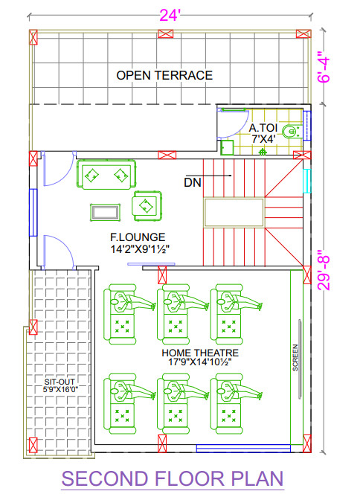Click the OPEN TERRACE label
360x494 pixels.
(164, 76)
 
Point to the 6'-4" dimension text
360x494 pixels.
(324, 70)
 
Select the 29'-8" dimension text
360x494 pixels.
(324, 270)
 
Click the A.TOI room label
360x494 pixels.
(263, 128)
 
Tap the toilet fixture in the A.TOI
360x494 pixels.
(290, 132)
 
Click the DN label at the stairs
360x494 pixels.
(193, 183)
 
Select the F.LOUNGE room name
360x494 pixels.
(138, 237)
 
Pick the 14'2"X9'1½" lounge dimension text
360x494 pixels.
(140, 249)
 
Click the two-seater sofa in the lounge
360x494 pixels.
(107, 175)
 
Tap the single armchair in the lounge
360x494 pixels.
(147, 206)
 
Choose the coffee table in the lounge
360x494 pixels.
(106, 212)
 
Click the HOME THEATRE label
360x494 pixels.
(200, 353)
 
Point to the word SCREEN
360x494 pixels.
(295, 358)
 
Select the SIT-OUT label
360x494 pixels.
(60, 382)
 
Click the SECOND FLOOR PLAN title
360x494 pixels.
(173, 478)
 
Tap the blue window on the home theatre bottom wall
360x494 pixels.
(243, 448)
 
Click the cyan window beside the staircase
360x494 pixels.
(306, 181)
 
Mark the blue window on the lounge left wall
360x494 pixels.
(33, 212)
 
